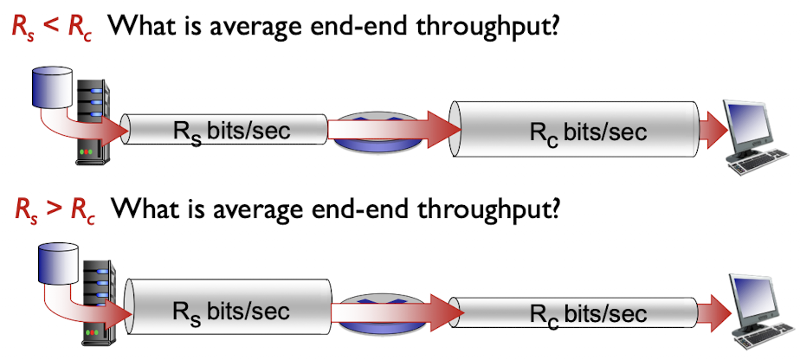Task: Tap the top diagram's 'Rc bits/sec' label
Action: tap(588, 132)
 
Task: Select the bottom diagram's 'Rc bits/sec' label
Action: tap(588, 313)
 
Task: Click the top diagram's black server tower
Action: tap(92, 121)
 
